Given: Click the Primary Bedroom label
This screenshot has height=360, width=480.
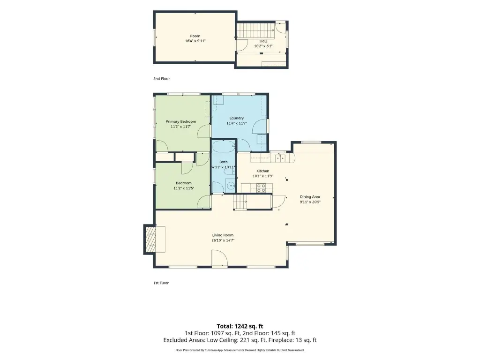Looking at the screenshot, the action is [x=180, y=121].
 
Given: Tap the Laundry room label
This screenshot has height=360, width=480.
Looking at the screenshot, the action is [x=237, y=118].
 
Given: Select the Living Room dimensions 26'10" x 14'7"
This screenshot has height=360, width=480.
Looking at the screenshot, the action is [x=223, y=240].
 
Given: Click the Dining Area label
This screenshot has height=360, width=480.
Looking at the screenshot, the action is [x=310, y=197].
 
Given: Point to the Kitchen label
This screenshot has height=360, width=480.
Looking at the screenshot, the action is [x=262, y=171].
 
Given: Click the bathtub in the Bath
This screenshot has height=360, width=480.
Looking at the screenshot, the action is [x=224, y=147].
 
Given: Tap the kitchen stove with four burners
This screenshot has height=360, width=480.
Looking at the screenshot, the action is [x=261, y=188].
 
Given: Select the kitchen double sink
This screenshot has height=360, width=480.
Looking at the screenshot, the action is [x=280, y=158].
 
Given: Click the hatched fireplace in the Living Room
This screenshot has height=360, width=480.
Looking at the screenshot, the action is [x=150, y=239].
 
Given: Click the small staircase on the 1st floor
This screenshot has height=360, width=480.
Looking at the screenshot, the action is [x=240, y=202].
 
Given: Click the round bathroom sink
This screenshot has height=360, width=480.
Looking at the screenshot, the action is [x=231, y=185].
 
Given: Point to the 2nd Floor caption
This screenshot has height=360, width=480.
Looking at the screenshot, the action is [x=162, y=79].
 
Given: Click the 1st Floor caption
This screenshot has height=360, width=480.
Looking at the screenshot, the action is [x=161, y=283].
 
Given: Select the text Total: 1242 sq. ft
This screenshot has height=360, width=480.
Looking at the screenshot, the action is [x=240, y=326].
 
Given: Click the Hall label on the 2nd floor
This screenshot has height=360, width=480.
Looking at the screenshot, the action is [x=263, y=41].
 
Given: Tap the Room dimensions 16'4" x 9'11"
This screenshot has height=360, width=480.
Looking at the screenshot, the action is [x=195, y=41].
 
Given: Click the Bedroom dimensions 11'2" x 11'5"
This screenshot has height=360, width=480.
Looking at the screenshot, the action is [x=184, y=188].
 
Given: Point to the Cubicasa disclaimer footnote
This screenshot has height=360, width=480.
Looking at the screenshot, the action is [x=240, y=350].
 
